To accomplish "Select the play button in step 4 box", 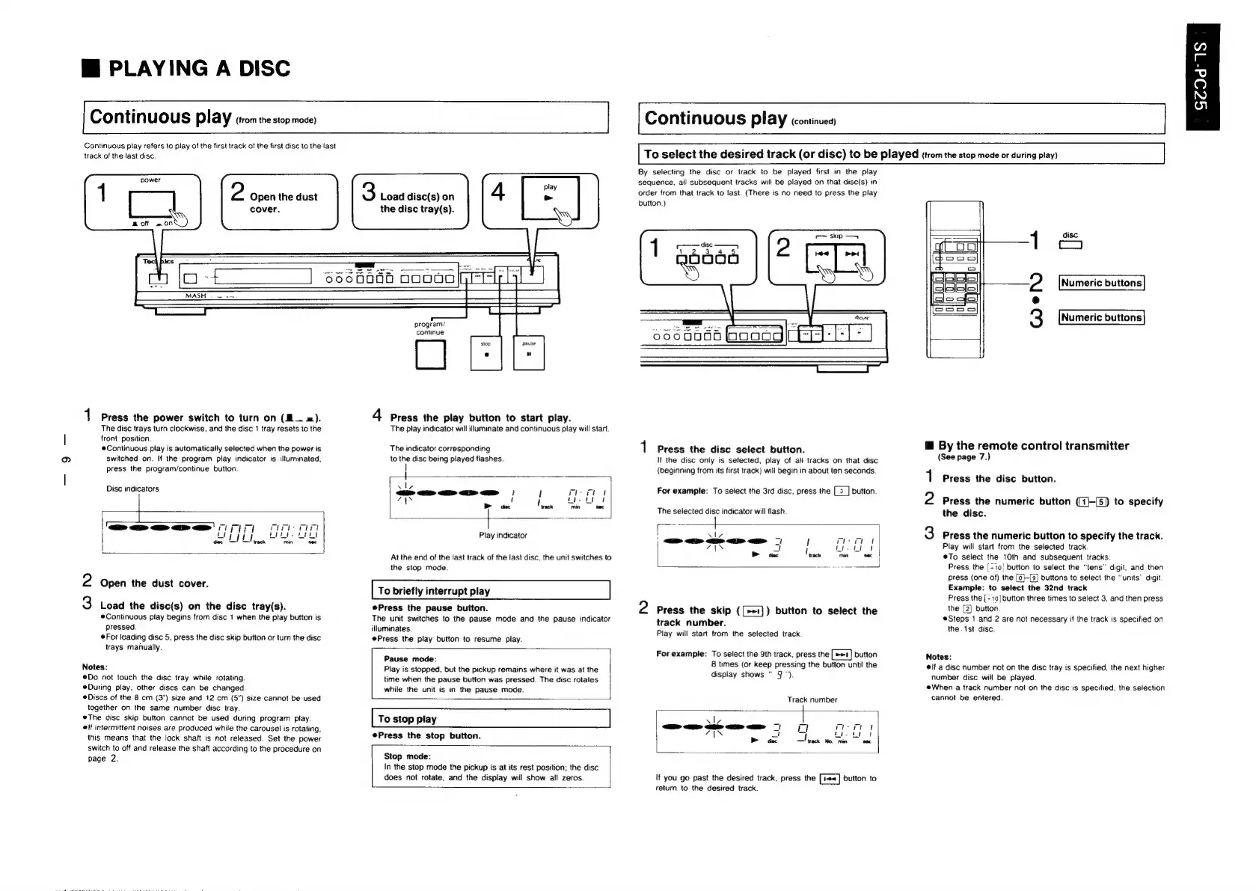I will (550, 199).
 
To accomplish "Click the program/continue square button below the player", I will (430, 355).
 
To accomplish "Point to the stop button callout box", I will (486, 353).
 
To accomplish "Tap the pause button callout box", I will (529, 353).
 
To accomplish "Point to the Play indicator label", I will (503, 535).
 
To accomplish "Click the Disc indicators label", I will (132, 489).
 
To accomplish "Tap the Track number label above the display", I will (812, 699).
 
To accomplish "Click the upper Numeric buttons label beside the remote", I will (1101, 283).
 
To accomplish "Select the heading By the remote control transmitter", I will (1033, 446).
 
